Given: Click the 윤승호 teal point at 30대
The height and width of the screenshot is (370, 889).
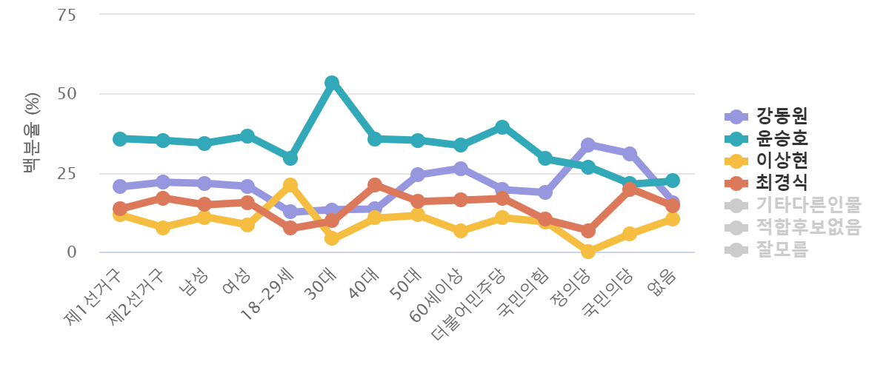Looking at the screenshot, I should click(x=332, y=82).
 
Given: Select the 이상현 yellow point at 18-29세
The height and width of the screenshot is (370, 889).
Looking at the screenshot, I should click(x=290, y=184).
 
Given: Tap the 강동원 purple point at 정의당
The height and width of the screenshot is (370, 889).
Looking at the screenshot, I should click(x=588, y=144).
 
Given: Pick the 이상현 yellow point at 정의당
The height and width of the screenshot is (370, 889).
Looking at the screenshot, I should click(x=588, y=252).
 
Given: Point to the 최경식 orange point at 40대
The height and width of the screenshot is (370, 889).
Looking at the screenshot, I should click(x=375, y=184).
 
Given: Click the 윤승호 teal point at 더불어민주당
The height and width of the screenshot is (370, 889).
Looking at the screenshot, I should click(x=502, y=127).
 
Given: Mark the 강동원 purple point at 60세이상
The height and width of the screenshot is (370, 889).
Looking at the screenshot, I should click(x=460, y=169).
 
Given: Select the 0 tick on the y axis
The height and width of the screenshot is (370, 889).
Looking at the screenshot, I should click(x=71, y=252).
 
